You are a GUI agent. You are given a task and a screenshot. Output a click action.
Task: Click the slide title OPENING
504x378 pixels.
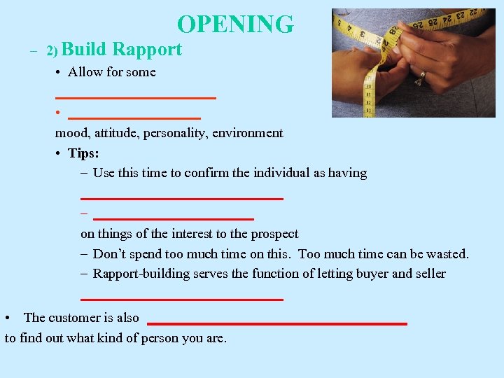pyautogui.click(x=235, y=24)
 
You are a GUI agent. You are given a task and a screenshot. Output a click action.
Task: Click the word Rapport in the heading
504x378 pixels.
pyautogui.click(x=147, y=50)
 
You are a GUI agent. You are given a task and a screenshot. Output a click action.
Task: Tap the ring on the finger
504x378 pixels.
pyautogui.click(x=420, y=80)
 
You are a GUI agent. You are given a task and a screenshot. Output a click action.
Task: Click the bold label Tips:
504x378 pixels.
pyautogui.click(x=83, y=153)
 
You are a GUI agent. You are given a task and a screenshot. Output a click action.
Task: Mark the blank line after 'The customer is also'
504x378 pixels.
pyautogui.click(x=277, y=323)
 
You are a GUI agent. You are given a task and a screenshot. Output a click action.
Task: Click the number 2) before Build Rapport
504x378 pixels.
pyautogui.click(x=53, y=51)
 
